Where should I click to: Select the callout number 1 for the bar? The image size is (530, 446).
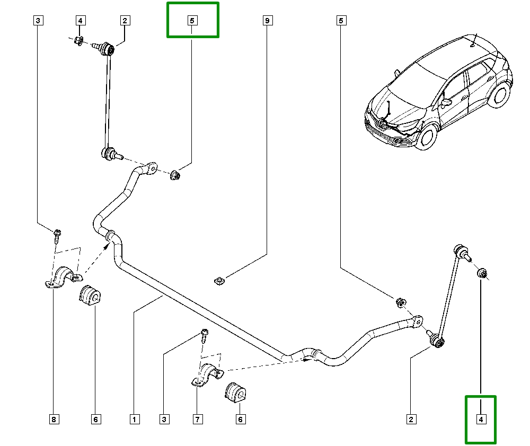point(135,420)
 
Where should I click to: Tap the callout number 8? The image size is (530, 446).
point(54,420)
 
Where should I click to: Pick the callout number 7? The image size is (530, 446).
point(197,420)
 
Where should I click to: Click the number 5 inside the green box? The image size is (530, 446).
point(192,21)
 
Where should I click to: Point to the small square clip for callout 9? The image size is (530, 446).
point(217,280)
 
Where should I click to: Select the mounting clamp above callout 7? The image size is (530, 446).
point(207,374)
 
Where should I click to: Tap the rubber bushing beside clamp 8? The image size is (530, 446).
point(90,297)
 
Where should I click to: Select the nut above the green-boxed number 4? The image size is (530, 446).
point(482,273)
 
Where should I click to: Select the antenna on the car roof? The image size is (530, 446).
point(473,41)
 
